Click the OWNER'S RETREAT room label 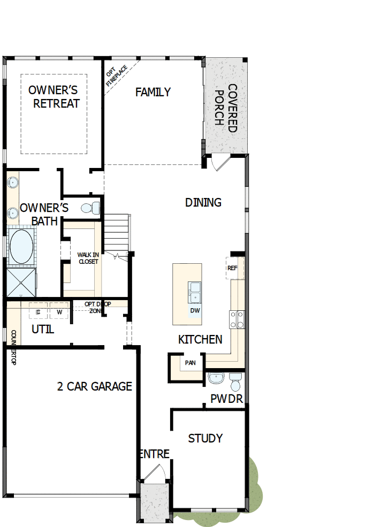click(54, 96)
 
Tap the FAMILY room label click(152, 92)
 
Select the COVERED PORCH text click(225, 108)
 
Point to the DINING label click(203, 202)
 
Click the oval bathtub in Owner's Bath click(21, 247)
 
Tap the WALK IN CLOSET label click(87, 258)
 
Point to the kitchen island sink click(194, 292)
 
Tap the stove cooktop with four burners click(237, 319)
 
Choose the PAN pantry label click(190, 363)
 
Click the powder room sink click(217, 379)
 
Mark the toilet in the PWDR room click(235, 382)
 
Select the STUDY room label click(205, 439)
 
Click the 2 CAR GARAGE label click(94, 386)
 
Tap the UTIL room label click(43, 330)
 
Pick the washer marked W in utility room click(59, 312)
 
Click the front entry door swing click(154, 475)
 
